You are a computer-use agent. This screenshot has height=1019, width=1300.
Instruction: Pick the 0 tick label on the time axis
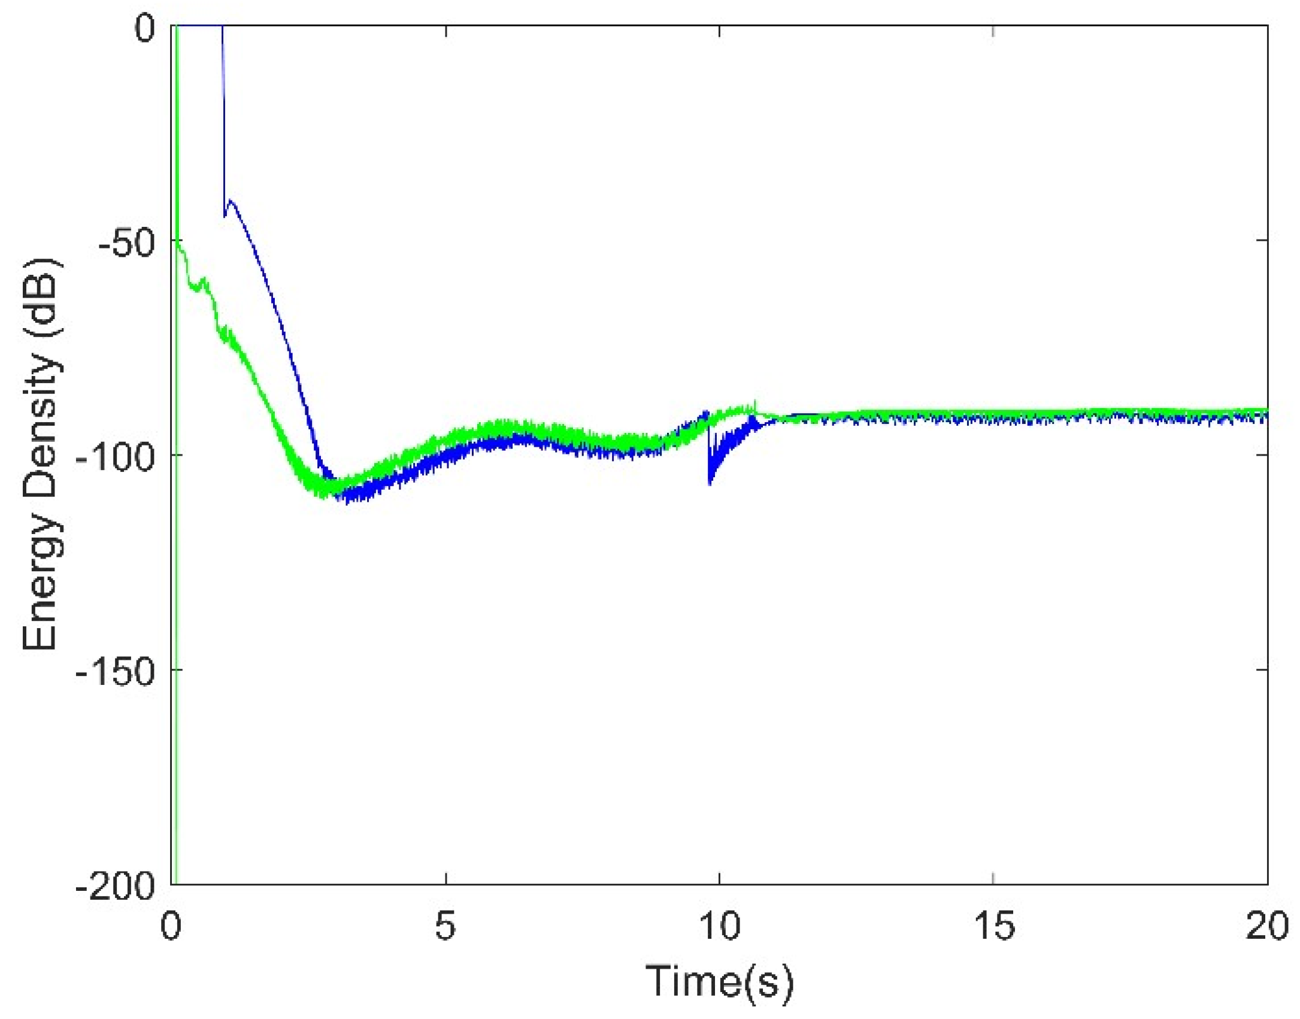click(x=171, y=927)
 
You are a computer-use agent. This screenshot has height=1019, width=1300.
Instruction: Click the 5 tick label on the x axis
click(x=446, y=927)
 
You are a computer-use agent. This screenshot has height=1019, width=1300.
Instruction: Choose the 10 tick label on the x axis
click(x=719, y=927)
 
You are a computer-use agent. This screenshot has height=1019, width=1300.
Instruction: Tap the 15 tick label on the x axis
click(x=993, y=927)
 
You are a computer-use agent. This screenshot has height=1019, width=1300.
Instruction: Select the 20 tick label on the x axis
click(x=1266, y=927)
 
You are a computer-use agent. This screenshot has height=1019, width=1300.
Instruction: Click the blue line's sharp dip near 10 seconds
click(x=710, y=482)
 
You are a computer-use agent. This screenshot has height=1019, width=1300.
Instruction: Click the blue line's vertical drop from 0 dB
click(x=223, y=120)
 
